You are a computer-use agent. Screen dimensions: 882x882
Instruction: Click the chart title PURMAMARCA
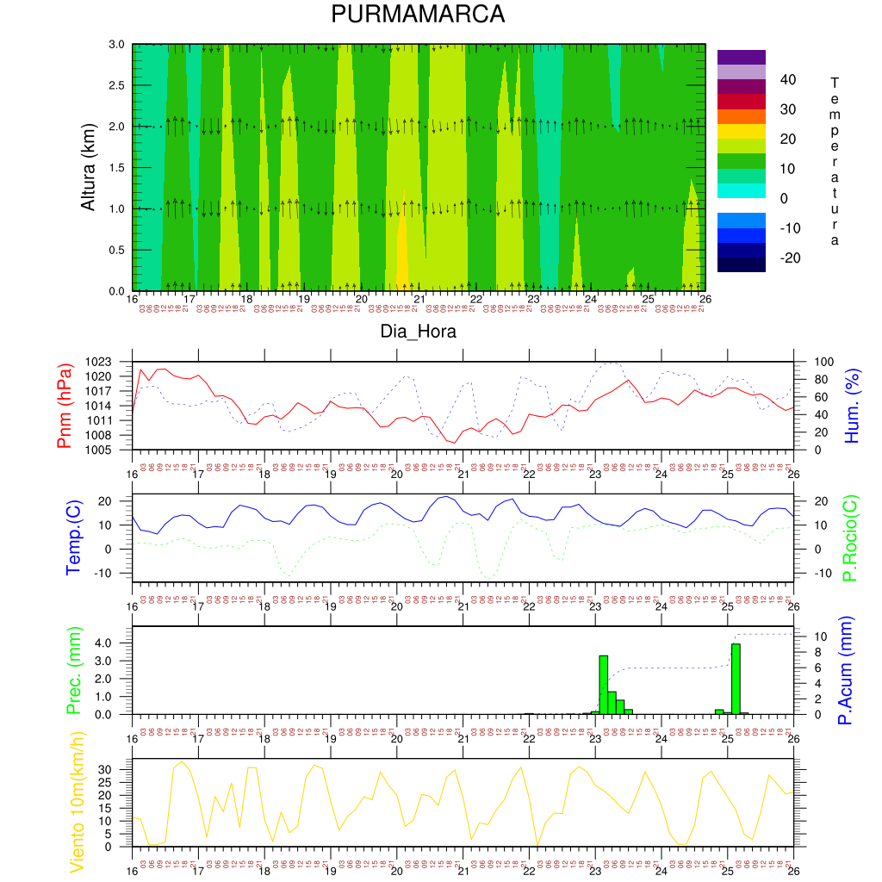pos(418,16)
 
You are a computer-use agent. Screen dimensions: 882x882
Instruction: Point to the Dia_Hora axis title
pos(418,331)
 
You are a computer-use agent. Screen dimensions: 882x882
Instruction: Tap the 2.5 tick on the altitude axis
pos(116,85)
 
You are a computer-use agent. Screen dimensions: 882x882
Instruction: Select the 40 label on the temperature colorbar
pos(787,80)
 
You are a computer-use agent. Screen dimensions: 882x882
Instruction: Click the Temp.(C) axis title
pos(74,537)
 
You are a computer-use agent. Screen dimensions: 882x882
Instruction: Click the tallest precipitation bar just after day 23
pos(603,685)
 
